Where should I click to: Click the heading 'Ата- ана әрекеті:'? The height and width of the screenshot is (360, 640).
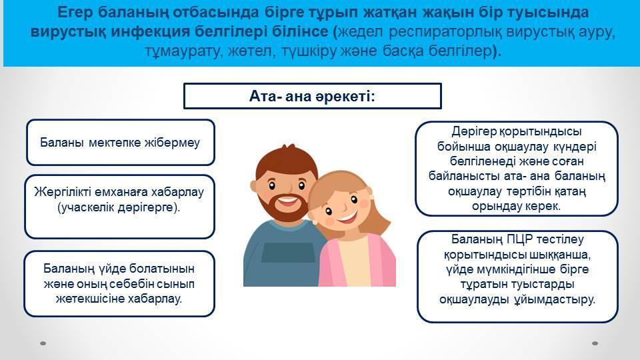click(312, 96)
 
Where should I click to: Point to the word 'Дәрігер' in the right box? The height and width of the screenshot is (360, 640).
click(474, 132)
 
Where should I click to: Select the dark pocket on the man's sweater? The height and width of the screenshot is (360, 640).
click(288, 253)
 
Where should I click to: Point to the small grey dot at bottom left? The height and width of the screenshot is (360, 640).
click(43, 343)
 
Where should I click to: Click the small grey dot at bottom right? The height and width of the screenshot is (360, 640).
click(595, 343)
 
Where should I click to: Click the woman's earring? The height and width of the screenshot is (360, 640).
click(371, 197)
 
